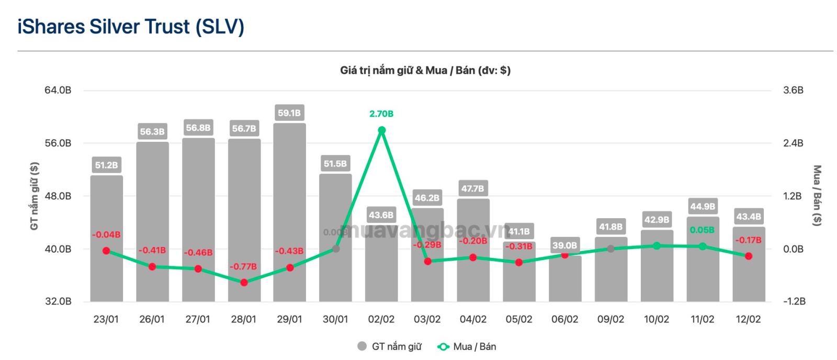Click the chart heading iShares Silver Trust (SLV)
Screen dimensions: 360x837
click(131, 27)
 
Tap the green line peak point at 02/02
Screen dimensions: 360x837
click(381, 131)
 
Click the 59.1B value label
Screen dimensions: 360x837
click(289, 113)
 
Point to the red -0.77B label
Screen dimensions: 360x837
click(243, 267)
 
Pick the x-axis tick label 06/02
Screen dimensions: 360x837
click(564, 319)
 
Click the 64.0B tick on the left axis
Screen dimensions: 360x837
click(58, 90)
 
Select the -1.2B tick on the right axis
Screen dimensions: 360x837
click(794, 301)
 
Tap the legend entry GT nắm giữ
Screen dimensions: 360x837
click(390, 346)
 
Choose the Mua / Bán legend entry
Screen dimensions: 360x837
click(467, 346)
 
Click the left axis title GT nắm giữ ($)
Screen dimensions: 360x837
click(35, 196)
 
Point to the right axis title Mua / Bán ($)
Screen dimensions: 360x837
click(817, 196)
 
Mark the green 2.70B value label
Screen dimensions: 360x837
click(381, 114)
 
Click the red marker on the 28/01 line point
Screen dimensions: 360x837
click(244, 283)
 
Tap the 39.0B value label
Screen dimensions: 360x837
click(564, 245)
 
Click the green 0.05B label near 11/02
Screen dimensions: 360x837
click(702, 230)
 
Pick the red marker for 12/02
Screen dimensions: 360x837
click(749, 256)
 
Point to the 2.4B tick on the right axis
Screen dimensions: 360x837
click(793, 143)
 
